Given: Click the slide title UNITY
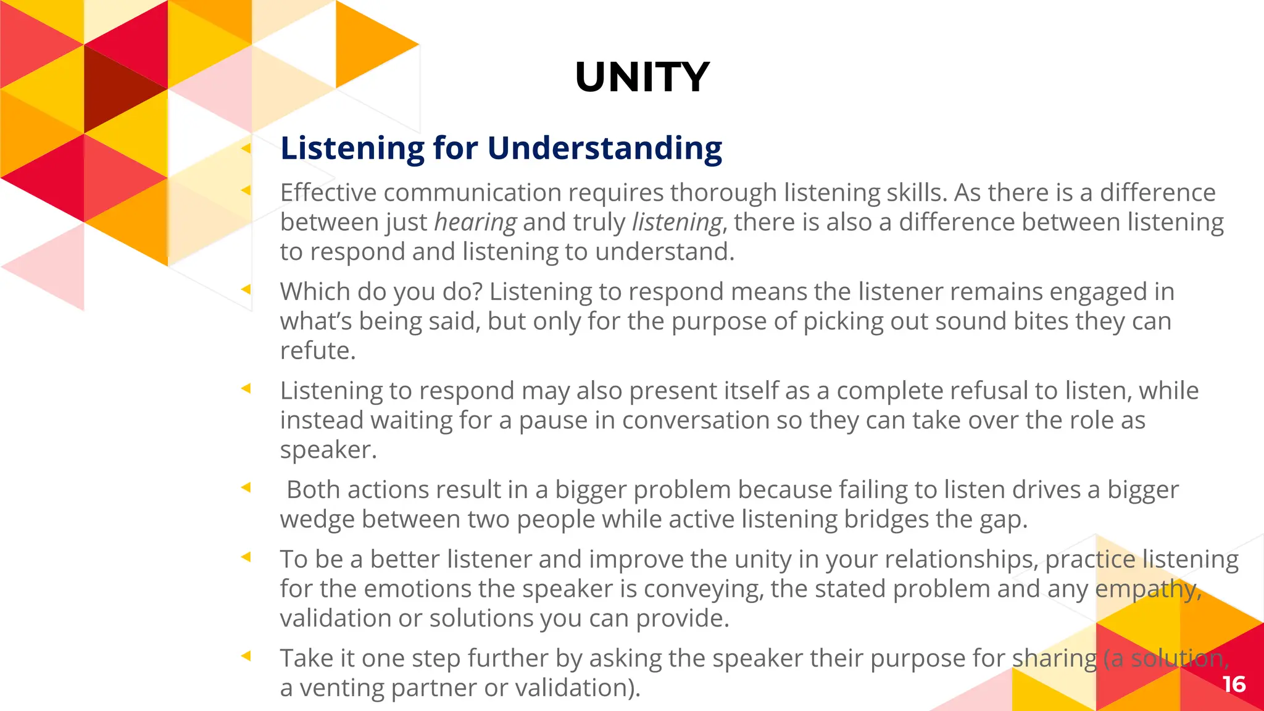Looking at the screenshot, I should click(x=642, y=78).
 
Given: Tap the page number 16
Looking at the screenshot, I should click(x=1234, y=684).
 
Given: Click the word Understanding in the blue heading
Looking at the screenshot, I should click(x=604, y=149).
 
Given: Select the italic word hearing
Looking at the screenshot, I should click(x=475, y=223).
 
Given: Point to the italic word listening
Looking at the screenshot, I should click(x=676, y=223).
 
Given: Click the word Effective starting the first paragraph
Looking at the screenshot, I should click(x=328, y=193).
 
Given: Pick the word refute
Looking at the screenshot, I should click(x=317, y=351).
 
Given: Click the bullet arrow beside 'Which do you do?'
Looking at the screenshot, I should click(x=246, y=289).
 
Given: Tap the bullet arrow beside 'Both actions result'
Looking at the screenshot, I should click(x=246, y=488).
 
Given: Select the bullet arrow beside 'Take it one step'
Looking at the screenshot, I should click(x=246, y=655).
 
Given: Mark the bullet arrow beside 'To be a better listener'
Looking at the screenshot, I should click(x=246, y=557).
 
